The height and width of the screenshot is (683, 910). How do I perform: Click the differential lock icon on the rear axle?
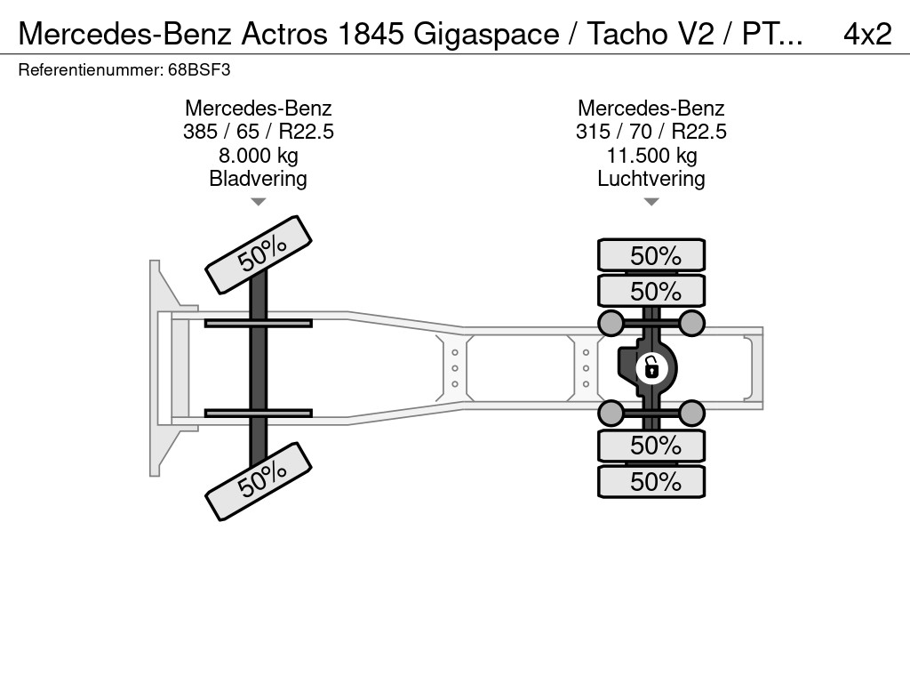(x=651, y=368)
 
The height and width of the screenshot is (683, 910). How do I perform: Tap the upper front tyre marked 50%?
(x=259, y=255)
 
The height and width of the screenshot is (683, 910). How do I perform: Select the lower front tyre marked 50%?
(x=259, y=481)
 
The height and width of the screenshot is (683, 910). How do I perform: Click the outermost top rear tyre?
(x=651, y=255)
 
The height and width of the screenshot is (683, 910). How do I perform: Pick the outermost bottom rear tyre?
(x=651, y=481)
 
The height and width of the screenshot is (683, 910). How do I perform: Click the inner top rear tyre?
(x=651, y=291)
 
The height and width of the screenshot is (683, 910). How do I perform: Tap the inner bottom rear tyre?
(x=651, y=446)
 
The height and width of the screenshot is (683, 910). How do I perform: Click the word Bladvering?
(x=259, y=178)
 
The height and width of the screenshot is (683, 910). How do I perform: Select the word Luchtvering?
(x=651, y=178)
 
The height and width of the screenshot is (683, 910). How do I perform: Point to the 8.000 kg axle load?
(x=259, y=155)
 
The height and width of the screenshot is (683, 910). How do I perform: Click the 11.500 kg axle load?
(x=651, y=155)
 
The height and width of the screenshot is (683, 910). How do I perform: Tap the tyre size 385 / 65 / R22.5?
(x=259, y=132)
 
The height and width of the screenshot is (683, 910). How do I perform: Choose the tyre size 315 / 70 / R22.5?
(x=651, y=132)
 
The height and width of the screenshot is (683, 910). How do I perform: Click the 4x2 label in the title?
(x=867, y=34)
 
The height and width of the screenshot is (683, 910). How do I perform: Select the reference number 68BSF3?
(x=199, y=70)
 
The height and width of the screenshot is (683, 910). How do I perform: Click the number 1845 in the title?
(x=371, y=34)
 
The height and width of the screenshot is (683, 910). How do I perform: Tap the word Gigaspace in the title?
(x=486, y=35)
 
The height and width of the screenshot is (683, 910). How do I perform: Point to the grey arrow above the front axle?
(x=259, y=202)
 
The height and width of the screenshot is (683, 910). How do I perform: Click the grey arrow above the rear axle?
(x=651, y=202)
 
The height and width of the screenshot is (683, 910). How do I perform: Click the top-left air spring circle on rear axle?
(x=611, y=323)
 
